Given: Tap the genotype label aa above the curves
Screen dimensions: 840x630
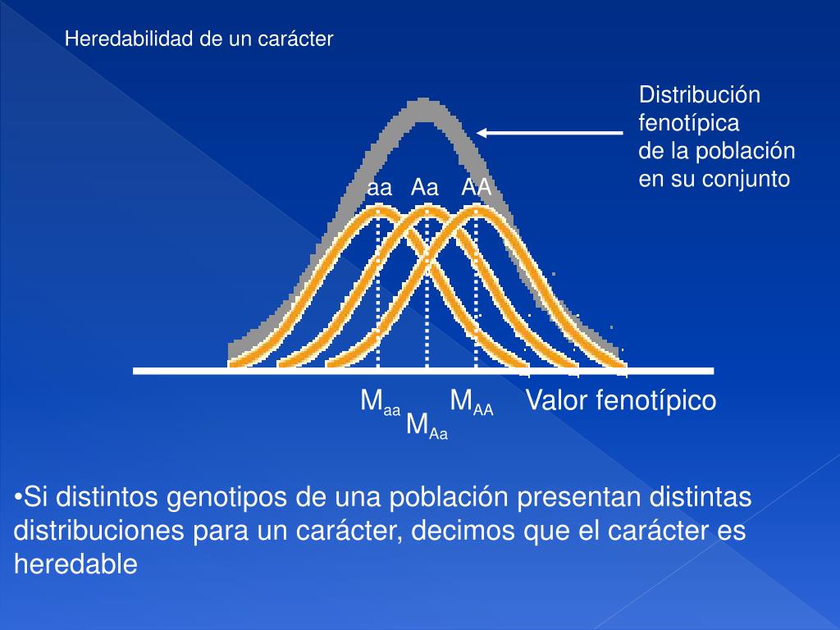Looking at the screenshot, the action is [379, 188].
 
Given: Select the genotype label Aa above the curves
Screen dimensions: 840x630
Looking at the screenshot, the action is [425, 188].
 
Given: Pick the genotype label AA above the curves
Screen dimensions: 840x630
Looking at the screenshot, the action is [476, 188].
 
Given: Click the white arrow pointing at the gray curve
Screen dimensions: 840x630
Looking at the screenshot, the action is [550, 132].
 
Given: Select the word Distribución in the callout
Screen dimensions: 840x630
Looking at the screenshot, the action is [700, 95].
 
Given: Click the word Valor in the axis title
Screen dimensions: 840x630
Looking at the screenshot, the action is [555, 401].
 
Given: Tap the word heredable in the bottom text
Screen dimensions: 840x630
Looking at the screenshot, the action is [75, 564].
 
